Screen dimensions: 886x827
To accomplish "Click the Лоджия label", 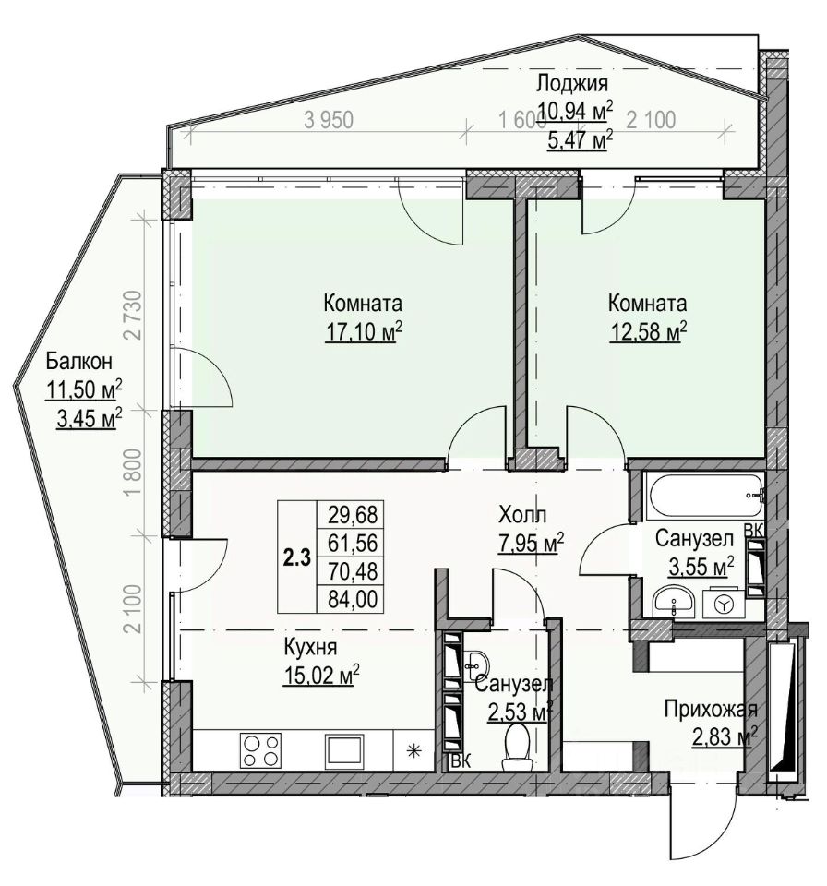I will pos(571,84).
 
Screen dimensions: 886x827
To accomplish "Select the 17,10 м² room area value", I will pos(364,331).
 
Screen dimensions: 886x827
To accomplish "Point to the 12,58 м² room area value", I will pos(646,331).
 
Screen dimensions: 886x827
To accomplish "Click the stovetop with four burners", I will pos(261,749).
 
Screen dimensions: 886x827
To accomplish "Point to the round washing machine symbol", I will pos(725,604).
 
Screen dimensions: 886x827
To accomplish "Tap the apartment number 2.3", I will pos(297,556).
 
